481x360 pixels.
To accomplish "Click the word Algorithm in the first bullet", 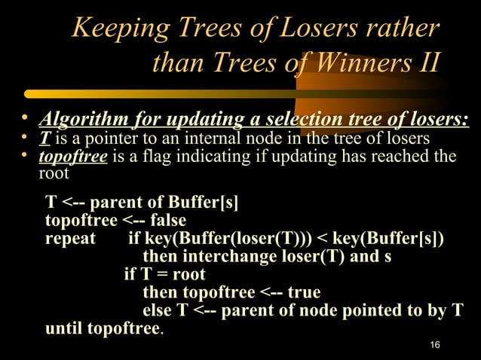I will (83, 121).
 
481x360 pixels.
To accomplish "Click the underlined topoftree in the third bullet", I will (74, 157).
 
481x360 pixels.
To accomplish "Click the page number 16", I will (434, 345).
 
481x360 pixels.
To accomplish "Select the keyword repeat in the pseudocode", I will (70, 239).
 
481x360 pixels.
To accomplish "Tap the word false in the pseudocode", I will (167, 221).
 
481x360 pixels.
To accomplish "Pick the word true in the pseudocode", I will (303, 292).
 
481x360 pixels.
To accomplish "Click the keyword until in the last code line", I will (64, 328).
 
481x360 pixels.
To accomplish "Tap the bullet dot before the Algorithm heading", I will (25, 119).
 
